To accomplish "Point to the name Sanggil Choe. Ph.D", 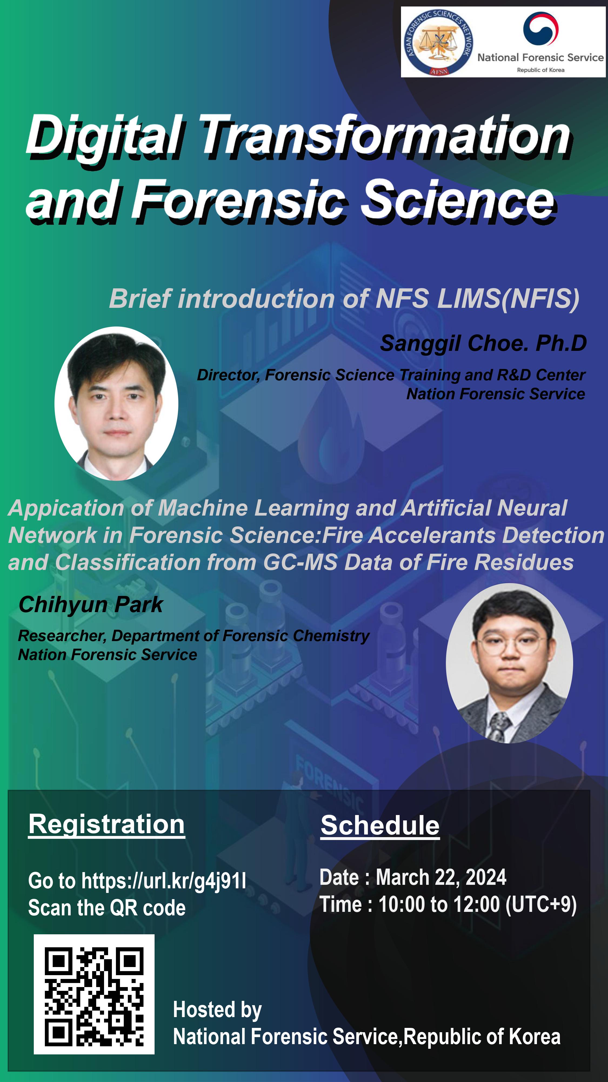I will [483, 343].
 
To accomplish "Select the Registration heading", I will [106, 824].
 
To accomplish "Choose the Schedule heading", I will [380, 825].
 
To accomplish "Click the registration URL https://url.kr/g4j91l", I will [164, 881].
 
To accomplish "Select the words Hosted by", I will [217, 1010].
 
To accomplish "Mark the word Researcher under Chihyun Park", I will [62, 636].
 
